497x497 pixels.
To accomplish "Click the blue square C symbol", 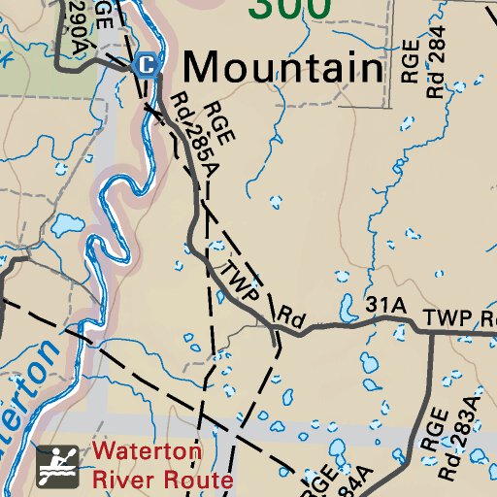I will coord(146,65).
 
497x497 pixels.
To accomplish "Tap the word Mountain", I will coord(283,68).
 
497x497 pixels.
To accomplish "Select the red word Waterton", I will coord(148,451).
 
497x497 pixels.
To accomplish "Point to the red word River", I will coord(119,480).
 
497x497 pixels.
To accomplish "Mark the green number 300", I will coord(289,8).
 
